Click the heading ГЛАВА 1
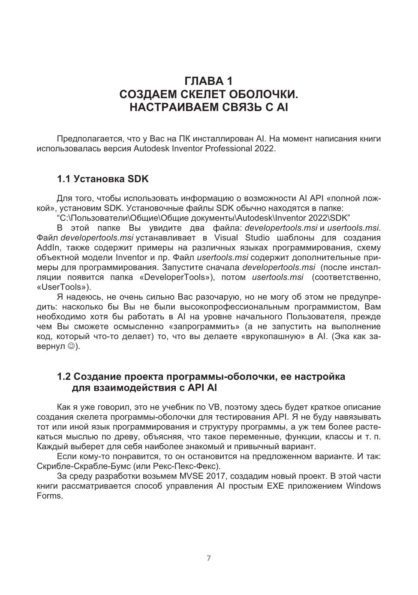point(208,81)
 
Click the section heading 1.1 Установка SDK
point(102,179)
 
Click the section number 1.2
point(64,377)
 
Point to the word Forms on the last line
point(49,496)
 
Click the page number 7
point(209,558)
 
